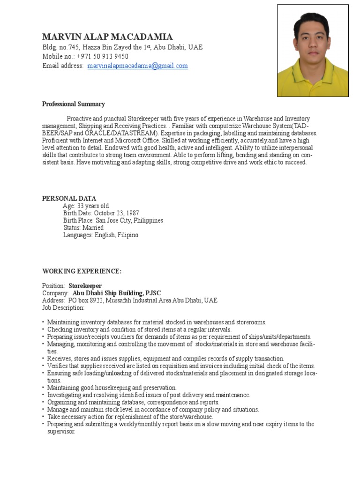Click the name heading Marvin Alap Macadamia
107,37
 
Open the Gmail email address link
137,66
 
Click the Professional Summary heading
74,104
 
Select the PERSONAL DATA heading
69,198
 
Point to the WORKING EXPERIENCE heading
82,271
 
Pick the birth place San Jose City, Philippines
129,220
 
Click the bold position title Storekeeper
85,286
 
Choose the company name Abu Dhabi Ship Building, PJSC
117,293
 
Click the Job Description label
63,308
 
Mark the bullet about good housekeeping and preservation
112,388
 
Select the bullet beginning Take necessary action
130,417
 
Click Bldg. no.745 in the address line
60,48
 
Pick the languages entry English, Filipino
117,235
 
